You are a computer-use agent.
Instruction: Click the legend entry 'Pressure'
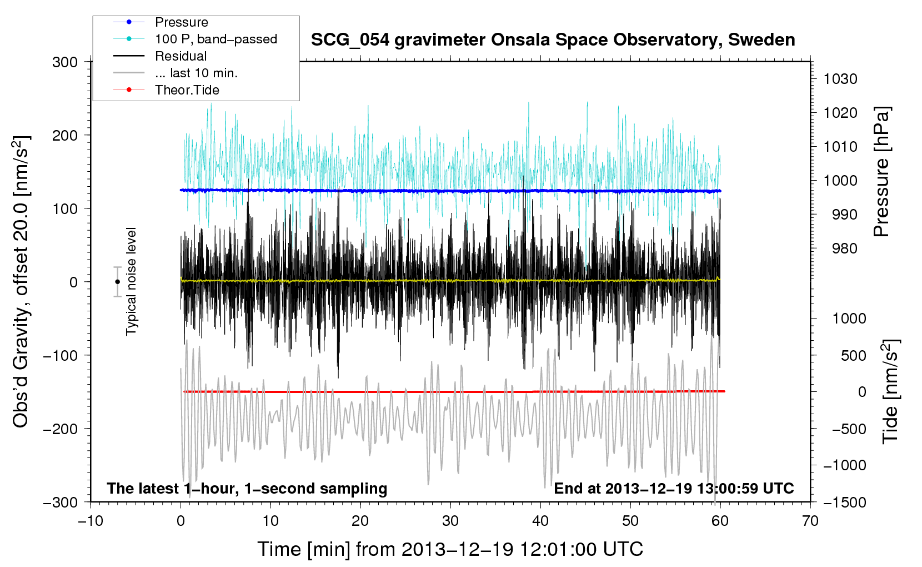(x=182, y=22)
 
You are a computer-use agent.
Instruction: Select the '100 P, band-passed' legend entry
(x=216, y=39)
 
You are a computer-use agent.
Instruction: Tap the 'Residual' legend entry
(x=181, y=56)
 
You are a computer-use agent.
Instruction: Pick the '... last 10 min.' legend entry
(x=196, y=73)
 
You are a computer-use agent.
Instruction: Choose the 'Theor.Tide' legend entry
(x=187, y=90)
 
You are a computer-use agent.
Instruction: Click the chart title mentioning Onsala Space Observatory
(x=553, y=40)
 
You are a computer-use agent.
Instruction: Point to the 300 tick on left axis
(x=64, y=62)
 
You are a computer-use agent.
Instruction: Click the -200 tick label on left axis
(x=61, y=429)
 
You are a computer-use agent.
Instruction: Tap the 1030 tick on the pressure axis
(x=840, y=79)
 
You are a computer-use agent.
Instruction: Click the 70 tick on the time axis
(x=810, y=521)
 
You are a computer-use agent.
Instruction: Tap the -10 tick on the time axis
(x=91, y=521)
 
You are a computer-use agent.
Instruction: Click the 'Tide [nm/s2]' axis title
(x=890, y=391)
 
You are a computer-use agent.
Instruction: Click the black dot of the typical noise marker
(x=117, y=282)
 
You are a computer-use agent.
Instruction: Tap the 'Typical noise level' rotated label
(x=131, y=281)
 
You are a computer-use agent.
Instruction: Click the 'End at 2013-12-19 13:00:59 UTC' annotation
(x=674, y=488)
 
